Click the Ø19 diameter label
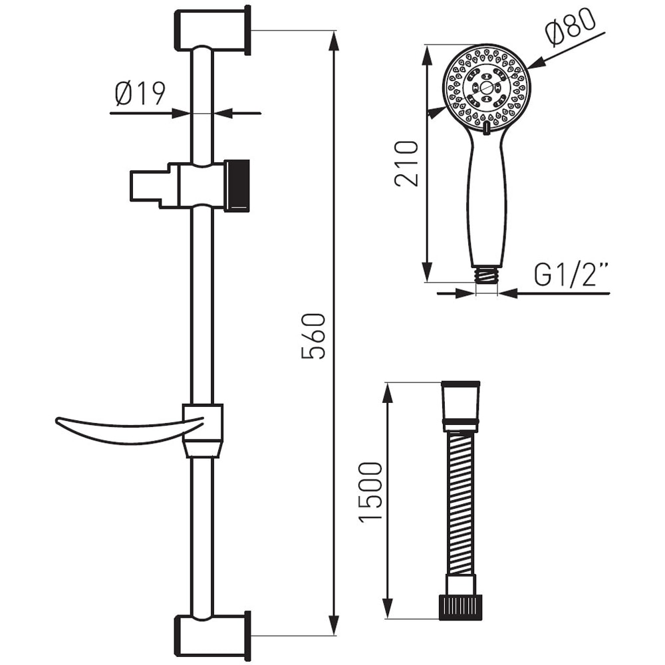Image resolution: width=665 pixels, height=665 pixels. pyautogui.click(x=140, y=94)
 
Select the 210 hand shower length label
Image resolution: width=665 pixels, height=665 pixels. pyautogui.click(x=407, y=163)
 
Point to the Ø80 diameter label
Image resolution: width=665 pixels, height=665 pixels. pyautogui.click(x=569, y=30)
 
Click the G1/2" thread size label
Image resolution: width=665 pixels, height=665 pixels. pyautogui.click(x=571, y=275)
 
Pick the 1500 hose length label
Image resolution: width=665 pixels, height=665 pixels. pyautogui.click(x=371, y=492)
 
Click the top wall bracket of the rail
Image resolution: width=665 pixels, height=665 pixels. pyautogui.click(x=212, y=31)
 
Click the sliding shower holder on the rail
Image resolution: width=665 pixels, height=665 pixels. pyautogui.click(x=190, y=186)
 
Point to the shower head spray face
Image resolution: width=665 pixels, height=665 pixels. pyautogui.click(x=486, y=88)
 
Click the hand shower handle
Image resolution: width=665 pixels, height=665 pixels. pyautogui.click(x=487, y=199)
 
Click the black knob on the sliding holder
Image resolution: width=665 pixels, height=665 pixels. pyautogui.click(x=237, y=186)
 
